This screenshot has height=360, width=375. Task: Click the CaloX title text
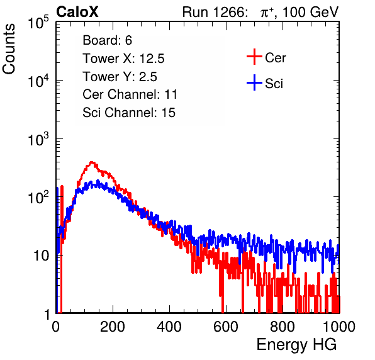pyautogui.click(x=77, y=12)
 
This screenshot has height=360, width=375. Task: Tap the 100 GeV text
pyautogui.click(x=310, y=12)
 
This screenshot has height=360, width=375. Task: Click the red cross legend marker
pyautogui.click(x=254, y=57)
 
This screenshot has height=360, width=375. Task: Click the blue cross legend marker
pyautogui.click(x=254, y=83)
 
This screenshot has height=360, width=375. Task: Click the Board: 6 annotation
pyautogui.click(x=107, y=40)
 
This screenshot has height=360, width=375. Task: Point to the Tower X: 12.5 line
pyautogui.click(x=123, y=59)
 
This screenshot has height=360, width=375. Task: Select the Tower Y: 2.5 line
pyautogui.click(x=120, y=77)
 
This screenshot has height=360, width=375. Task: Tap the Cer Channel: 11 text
pyautogui.click(x=130, y=94)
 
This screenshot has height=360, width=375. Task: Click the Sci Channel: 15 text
pyautogui.click(x=129, y=113)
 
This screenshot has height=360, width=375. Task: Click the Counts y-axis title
pyautogui.click(x=9, y=49)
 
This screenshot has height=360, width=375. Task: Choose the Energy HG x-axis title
pyautogui.click(x=296, y=345)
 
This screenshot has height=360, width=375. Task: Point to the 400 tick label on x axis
pyautogui.click(x=169, y=327)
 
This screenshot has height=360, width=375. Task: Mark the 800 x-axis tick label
pyautogui.click(x=283, y=327)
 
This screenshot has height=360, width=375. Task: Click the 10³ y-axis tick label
pyautogui.click(x=38, y=138)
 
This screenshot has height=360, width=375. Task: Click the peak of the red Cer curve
pyautogui.click(x=91, y=162)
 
